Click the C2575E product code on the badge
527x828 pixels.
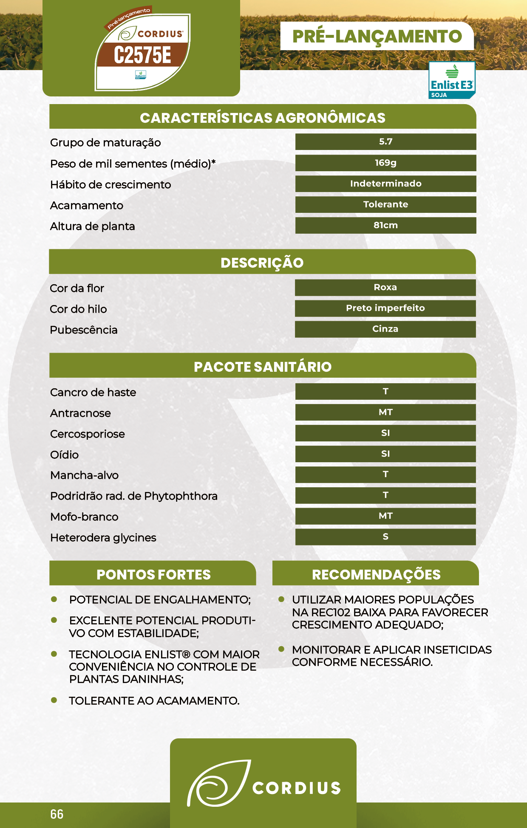(142, 55)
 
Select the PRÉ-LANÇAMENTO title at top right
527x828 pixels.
(377, 37)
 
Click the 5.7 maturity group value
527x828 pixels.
(385, 142)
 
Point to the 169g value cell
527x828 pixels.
(385, 163)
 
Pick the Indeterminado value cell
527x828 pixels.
(385, 184)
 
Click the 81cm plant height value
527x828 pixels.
(385, 225)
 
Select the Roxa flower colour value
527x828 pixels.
(385, 287)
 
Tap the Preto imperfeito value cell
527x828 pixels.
(385, 308)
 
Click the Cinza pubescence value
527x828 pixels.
(385, 329)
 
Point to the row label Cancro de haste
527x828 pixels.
(93, 392)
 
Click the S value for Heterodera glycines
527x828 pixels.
(385, 537)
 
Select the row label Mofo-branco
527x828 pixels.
(84, 517)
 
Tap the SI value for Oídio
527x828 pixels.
(385, 454)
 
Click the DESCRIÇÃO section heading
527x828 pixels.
(262, 263)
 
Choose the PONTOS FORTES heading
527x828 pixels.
(153, 574)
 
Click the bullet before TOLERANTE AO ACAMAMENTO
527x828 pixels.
(54, 700)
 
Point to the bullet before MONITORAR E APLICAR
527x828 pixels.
(281, 649)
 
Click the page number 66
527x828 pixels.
(57, 814)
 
